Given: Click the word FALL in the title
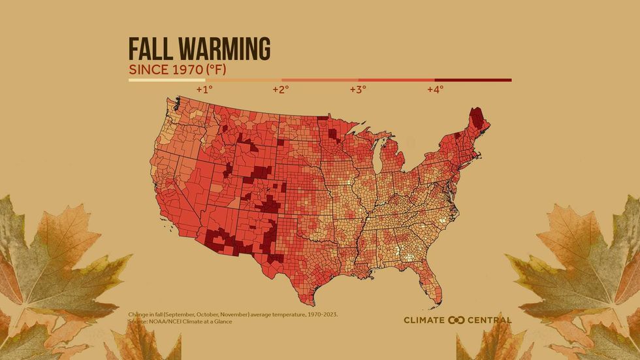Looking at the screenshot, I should [150, 50].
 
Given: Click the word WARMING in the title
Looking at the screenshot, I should [222, 50].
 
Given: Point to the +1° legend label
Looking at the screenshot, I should [204, 89].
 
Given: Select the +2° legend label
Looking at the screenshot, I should [281, 89].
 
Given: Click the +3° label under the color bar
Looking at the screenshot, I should [358, 89].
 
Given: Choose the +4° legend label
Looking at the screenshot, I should [435, 89].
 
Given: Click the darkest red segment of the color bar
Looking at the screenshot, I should [473, 80].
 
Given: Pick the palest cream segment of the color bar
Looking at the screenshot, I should [167, 80].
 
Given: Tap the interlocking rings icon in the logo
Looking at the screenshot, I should [456, 320].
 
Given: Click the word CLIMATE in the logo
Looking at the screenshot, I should [424, 320].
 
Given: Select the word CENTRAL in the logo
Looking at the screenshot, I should [490, 320].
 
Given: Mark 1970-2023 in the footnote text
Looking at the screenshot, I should [319, 315].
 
